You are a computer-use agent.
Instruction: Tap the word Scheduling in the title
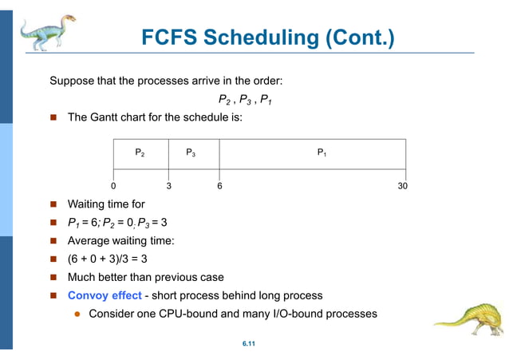(262, 38)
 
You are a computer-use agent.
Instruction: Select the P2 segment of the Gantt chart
(140, 152)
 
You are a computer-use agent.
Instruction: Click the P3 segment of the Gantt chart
(191, 152)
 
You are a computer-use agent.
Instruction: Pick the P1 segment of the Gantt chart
(322, 152)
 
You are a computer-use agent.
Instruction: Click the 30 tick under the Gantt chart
(403, 185)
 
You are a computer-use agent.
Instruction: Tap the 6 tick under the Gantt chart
(219, 185)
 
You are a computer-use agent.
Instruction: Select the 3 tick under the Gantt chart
(168, 185)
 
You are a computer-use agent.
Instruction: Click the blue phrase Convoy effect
(104, 295)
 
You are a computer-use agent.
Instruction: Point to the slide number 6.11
(248, 344)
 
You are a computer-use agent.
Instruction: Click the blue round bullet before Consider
(78, 314)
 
